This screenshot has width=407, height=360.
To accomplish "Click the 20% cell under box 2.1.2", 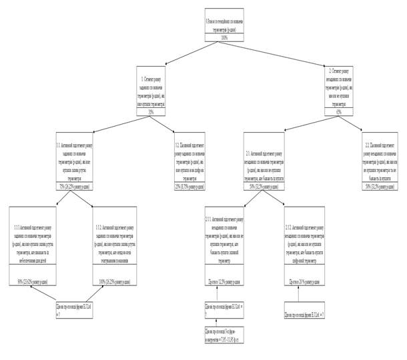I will pyautogui.click(x=304, y=283).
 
